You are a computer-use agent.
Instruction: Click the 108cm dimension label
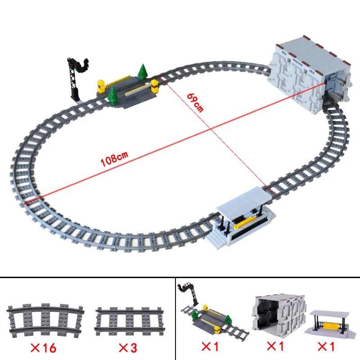pyautogui.click(x=114, y=158)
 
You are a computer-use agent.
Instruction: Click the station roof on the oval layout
pyautogui.click(x=243, y=201)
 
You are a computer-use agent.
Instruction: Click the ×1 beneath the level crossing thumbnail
pyautogui.click(x=210, y=346)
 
